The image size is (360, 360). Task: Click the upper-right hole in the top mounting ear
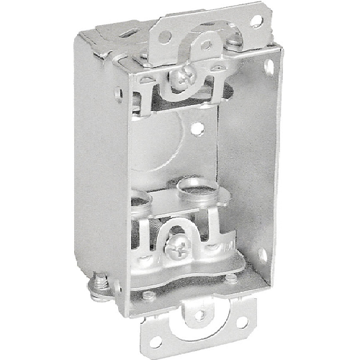[x=256, y=22]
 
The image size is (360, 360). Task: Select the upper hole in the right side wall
[x=269, y=66]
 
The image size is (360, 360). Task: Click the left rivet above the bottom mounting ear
[x=149, y=294]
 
